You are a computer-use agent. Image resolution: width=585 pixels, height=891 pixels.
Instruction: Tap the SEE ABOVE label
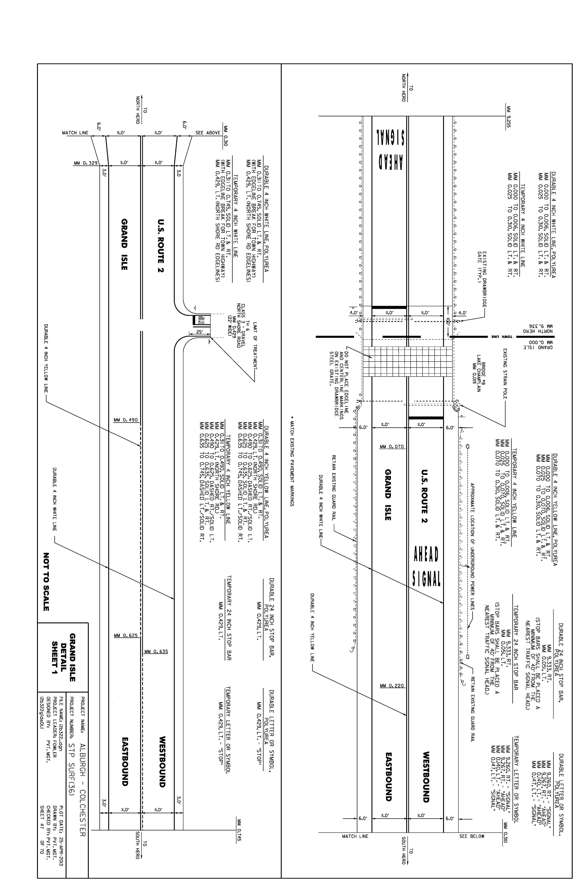click(x=208, y=133)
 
